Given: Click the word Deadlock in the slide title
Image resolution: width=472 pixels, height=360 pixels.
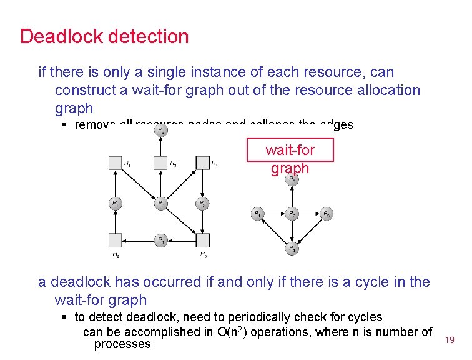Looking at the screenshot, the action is (x=61, y=36).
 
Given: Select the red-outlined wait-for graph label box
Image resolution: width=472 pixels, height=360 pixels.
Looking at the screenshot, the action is (x=290, y=151).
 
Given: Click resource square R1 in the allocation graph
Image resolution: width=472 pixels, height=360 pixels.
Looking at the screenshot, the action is (x=115, y=164).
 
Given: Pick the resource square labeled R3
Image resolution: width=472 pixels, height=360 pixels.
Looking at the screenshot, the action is (x=160, y=164).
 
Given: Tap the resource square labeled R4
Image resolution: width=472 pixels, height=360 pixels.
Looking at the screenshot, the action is (x=202, y=164).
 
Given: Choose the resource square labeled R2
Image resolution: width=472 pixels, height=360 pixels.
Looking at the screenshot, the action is (x=115, y=241).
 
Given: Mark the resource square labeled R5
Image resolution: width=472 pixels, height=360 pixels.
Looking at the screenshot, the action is (x=202, y=241).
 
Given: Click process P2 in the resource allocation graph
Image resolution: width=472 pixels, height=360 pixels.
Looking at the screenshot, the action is (x=160, y=204).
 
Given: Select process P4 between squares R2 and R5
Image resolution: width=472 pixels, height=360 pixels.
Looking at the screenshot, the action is (x=160, y=241).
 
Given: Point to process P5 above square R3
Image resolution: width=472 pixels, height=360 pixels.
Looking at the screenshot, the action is (x=160, y=131).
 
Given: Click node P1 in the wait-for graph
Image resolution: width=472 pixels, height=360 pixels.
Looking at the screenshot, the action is (x=257, y=214).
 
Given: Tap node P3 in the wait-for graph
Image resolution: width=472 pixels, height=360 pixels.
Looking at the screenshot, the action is (x=327, y=214).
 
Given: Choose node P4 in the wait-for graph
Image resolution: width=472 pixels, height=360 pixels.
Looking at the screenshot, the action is (x=292, y=249).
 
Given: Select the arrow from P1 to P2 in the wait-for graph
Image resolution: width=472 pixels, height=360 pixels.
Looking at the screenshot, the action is (x=275, y=214).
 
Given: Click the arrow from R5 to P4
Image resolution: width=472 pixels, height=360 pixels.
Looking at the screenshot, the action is (x=182, y=241).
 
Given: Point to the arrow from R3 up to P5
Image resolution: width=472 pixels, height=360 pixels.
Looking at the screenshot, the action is (x=160, y=148).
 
